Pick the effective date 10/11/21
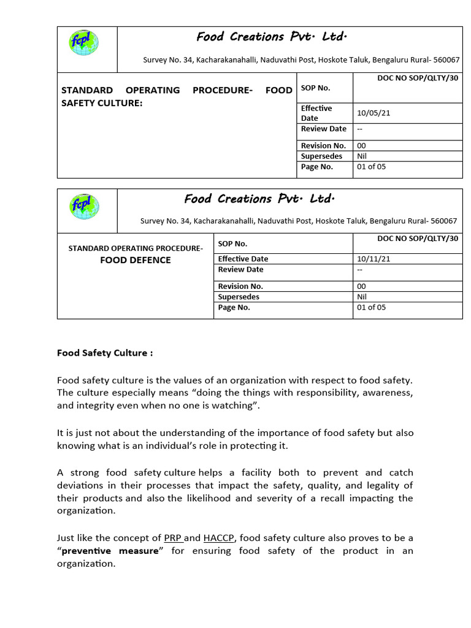tap(373, 259)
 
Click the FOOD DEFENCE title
tap(135, 260)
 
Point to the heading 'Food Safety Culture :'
tap(105, 353)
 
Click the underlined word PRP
tap(173, 538)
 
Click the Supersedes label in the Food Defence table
tap(239, 297)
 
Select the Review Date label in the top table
tap(323, 129)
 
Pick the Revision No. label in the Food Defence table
tap(240, 286)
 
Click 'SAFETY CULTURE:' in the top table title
tap(102, 102)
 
